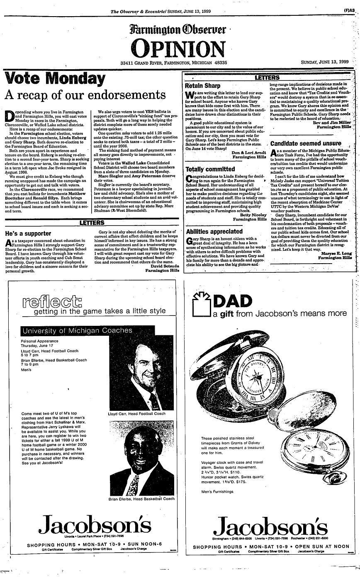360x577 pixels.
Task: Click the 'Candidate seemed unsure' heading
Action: pos(306,143)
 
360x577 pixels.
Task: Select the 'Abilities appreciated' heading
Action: pos(213,231)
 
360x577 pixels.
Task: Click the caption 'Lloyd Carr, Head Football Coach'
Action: pos(136,413)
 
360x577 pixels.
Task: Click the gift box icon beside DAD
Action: pos(203,306)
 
